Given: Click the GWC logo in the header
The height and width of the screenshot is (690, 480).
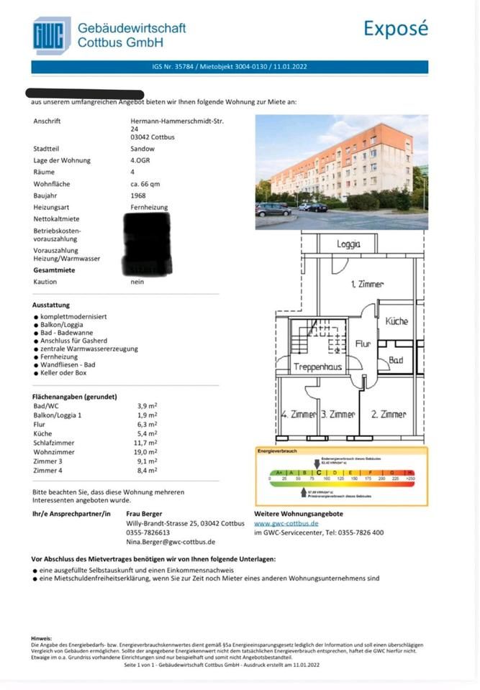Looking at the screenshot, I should point(51,35).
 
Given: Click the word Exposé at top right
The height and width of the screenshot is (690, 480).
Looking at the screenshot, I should point(395,29).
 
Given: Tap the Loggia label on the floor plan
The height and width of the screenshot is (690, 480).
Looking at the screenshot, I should point(348,244).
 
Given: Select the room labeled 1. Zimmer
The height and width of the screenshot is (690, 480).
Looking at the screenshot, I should point(367,285).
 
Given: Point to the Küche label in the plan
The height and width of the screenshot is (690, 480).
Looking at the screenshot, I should point(397,321).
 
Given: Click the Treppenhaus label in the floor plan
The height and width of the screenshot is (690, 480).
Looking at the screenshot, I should point(317,367).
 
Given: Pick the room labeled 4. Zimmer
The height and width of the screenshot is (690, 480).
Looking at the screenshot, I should point(298,415).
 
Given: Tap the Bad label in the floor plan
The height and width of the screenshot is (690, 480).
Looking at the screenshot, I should point(396,360).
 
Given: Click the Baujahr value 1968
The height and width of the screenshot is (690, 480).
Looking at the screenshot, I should point(133,195).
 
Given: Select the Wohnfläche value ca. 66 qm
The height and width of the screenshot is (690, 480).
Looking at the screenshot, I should point(140,184).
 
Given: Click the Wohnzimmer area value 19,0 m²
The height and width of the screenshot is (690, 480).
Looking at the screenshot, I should point(147,452).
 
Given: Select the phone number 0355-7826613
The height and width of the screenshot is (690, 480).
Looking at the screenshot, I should point(148,533).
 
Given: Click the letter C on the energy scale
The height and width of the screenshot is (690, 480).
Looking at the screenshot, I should point(319,472).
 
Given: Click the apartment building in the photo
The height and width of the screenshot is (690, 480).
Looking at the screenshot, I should point(338,165).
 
